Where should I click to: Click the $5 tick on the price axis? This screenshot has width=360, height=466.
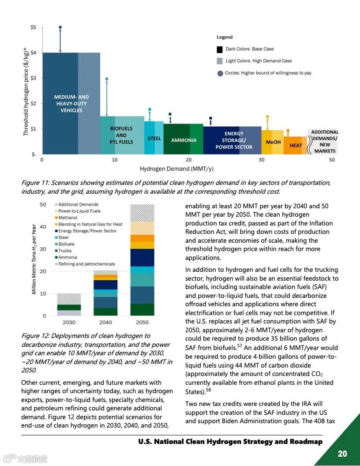point(33,27)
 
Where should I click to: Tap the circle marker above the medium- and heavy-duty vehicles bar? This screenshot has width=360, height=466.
point(60,27)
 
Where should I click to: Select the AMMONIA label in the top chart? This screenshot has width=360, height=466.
point(184,140)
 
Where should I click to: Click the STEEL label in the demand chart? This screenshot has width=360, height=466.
point(154,139)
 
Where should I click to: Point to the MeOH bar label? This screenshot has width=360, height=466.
point(273,142)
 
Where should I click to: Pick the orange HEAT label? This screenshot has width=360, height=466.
point(296,145)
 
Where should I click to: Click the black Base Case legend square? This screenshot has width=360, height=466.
point(220,49)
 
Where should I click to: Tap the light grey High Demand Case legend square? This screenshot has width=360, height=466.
point(220,61)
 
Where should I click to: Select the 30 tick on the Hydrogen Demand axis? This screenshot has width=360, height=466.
point(262,160)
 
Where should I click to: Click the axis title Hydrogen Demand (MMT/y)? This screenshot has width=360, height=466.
point(176,169)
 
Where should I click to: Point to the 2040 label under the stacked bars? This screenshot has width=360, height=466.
point(106,323)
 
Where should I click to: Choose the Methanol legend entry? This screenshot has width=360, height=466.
point(67,218)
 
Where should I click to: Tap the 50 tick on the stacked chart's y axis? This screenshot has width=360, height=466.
point(43,204)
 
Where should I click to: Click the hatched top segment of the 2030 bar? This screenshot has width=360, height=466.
point(69,299)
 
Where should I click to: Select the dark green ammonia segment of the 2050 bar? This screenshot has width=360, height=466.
point(142,310)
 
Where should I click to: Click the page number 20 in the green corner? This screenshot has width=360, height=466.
point(342,454)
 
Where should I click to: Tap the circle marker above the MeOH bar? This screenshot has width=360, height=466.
point(267,117)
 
